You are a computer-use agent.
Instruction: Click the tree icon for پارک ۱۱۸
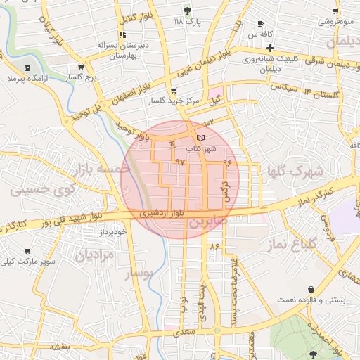187,11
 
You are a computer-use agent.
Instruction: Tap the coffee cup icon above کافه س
261,23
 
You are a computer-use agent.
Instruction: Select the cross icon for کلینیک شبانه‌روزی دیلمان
270,47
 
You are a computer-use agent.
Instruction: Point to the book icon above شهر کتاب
202,136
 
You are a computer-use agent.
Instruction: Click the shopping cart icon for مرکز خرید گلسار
174,91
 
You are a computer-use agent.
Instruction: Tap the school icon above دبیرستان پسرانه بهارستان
122,34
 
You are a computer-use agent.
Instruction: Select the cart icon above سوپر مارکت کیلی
27,251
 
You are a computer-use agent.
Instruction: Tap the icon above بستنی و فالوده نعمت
311,289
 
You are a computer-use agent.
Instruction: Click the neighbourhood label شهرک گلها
294,171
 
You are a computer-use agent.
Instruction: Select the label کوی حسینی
40,189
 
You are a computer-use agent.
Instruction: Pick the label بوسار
139,273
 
